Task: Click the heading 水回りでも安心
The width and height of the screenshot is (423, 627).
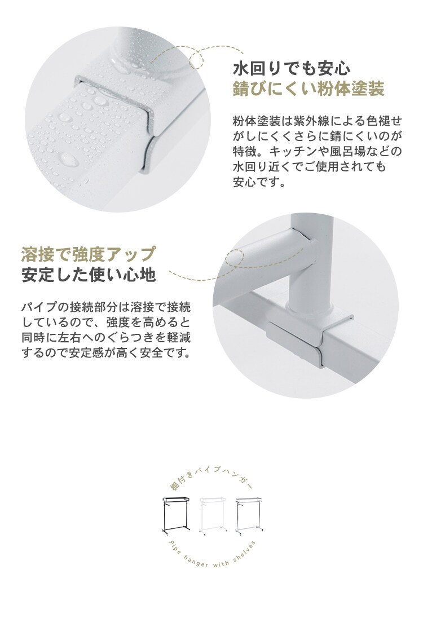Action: point(292,68)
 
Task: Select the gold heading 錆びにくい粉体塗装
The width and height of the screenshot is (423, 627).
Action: point(309,89)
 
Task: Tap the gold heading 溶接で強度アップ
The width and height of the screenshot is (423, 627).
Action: point(89,254)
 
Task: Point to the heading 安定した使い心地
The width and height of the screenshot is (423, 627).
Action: point(89,275)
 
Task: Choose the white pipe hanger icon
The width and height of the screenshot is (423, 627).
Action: point(214,515)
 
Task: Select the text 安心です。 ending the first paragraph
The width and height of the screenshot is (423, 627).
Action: point(259,182)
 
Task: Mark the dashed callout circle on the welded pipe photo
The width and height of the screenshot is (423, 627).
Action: point(235,258)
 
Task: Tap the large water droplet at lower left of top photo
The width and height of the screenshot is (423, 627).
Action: point(69,160)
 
